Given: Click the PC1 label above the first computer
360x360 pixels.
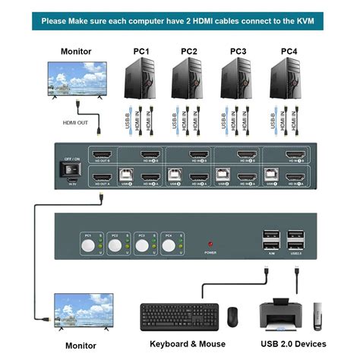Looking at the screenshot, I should coord(142,51).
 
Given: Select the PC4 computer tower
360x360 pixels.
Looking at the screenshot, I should coord(288,80).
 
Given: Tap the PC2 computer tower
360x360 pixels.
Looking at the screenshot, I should coord(188,80).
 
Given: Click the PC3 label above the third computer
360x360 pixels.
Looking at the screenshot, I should coord(238,51).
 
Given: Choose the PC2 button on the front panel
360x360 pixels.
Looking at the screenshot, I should coord(114,245).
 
